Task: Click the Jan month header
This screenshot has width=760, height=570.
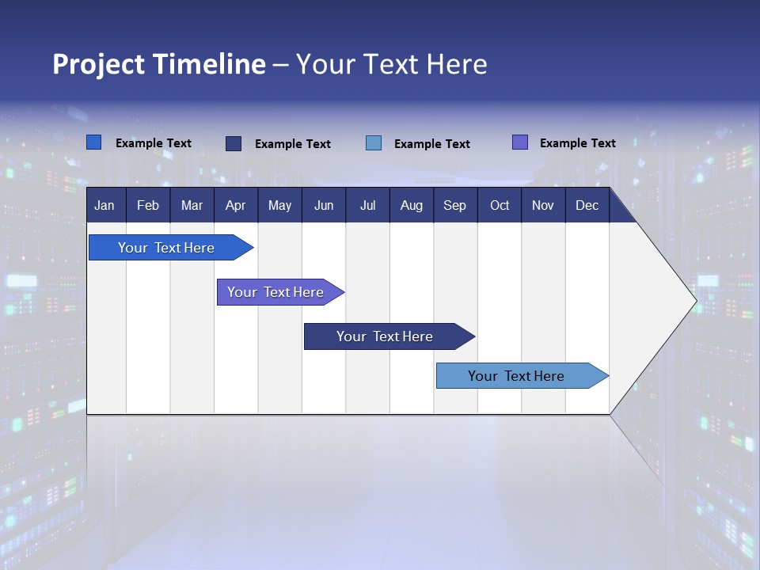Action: tap(104, 206)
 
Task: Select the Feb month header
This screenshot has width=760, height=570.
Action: tap(148, 206)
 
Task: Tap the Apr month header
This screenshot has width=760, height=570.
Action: tap(235, 206)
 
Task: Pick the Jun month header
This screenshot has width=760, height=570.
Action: tap(324, 206)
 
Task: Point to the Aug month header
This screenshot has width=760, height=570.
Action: tap(411, 206)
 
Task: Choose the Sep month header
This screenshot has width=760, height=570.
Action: tap(454, 206)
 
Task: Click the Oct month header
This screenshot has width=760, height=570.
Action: tap(500, 206)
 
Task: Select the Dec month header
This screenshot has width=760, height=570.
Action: tap(587, 206)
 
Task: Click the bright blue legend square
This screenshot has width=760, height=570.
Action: tap(93, 142)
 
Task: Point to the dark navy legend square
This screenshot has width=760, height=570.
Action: tap(234, 143)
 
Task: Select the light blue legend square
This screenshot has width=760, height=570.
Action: tap(374, 143)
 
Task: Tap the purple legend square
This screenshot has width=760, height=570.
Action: tap(520, 142)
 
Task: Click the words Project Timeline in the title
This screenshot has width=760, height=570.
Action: tap(159, 64)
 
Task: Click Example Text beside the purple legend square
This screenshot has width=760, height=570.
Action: tap(577, 143)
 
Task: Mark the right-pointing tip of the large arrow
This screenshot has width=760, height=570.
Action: tap(695, 301)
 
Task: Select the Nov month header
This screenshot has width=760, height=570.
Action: tap(542, 206)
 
